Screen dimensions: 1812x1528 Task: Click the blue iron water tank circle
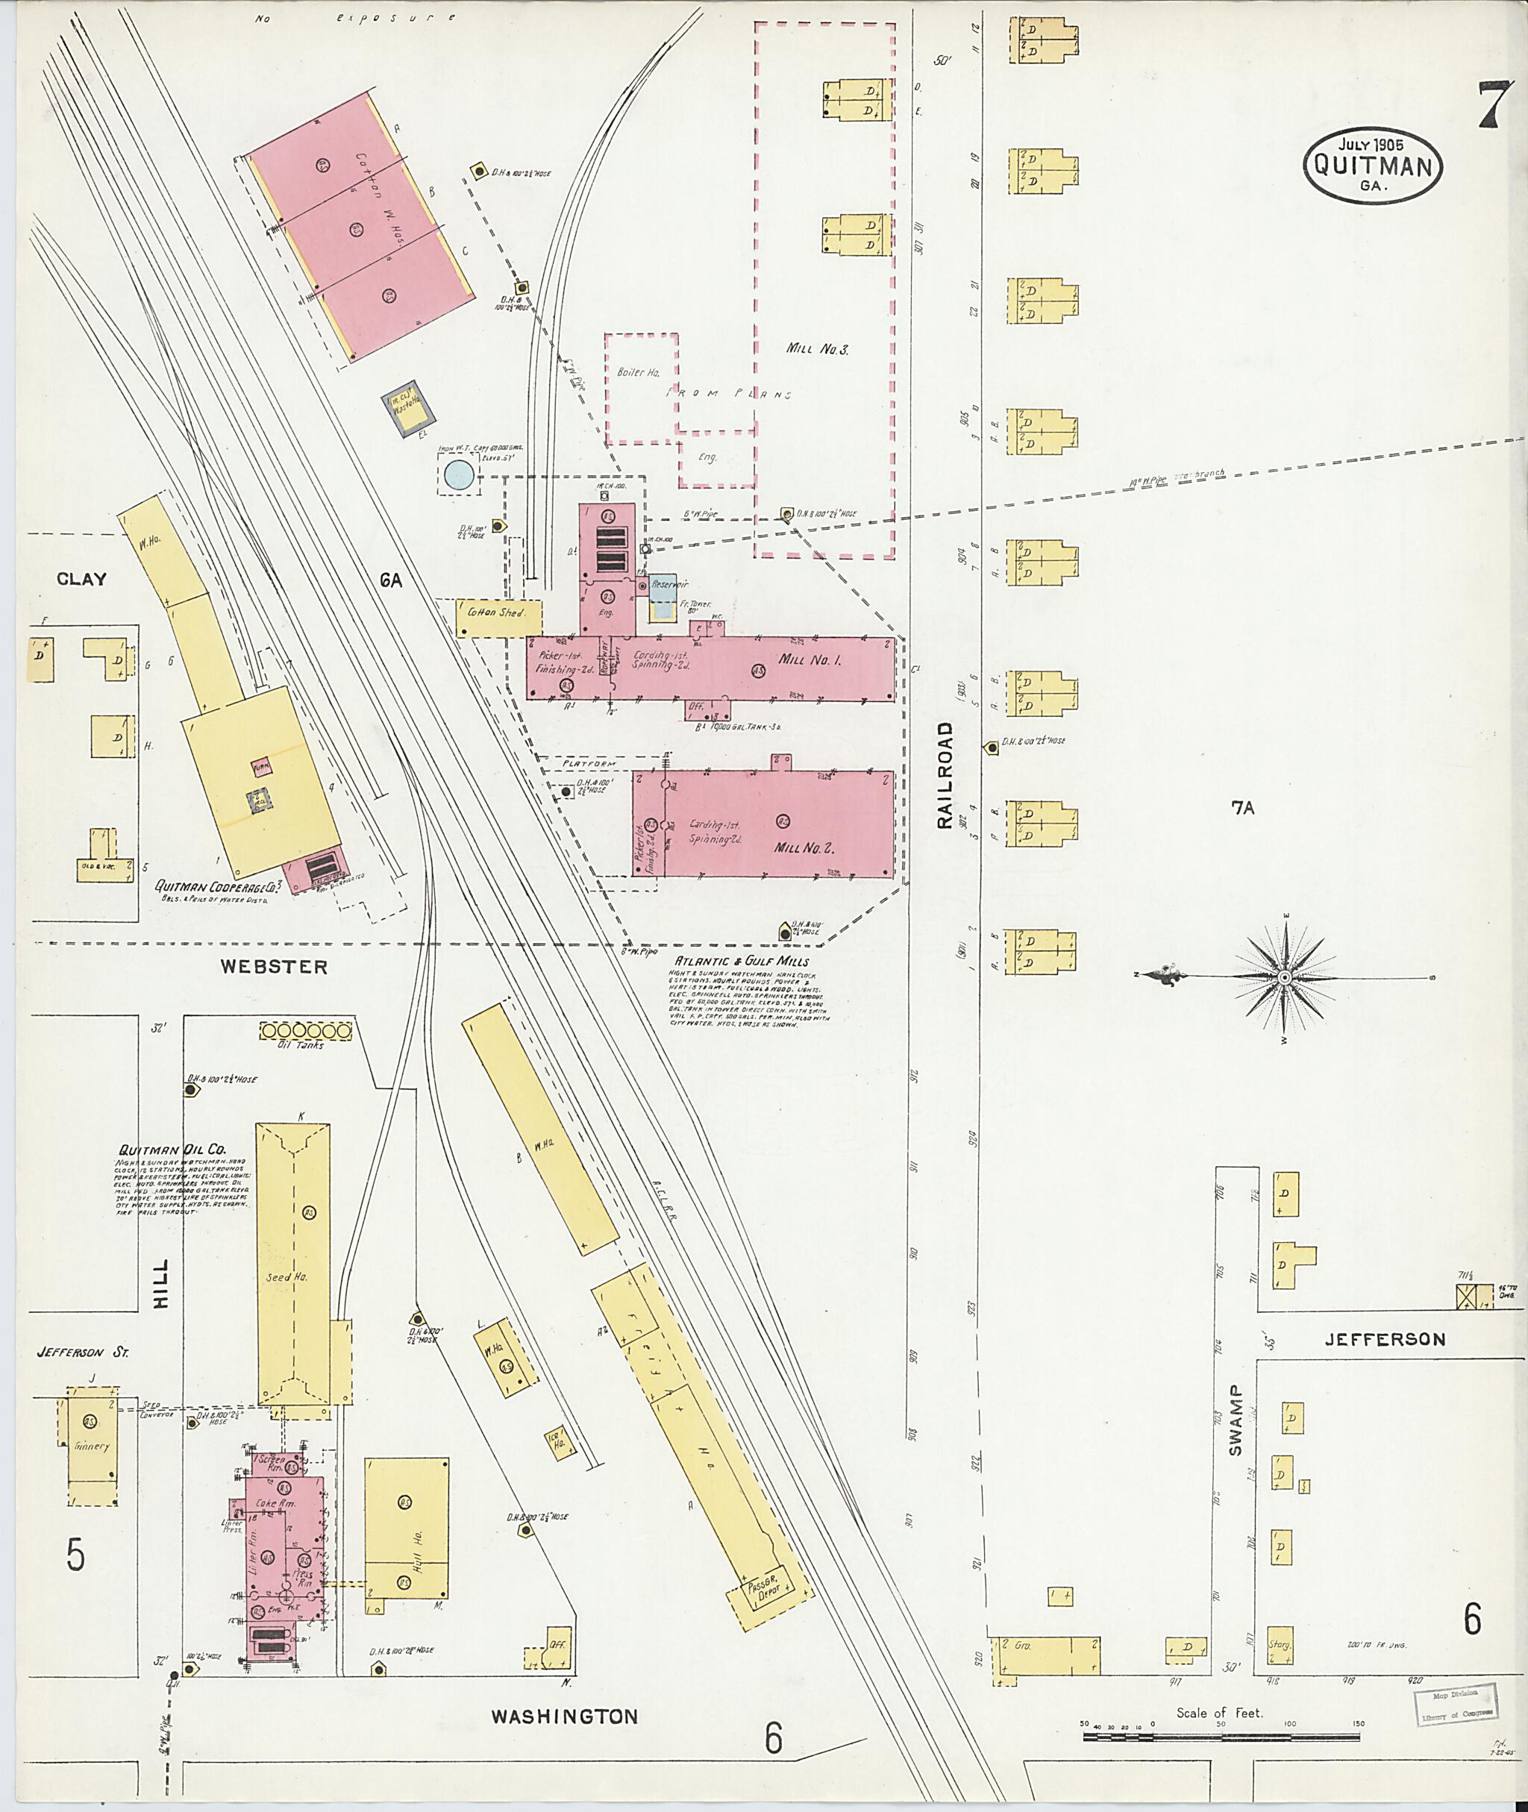[458, 474]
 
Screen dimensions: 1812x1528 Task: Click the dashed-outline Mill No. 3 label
[817, 350]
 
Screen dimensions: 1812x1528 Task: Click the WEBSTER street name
[273, 967]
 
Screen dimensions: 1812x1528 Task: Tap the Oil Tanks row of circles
[307, 1031]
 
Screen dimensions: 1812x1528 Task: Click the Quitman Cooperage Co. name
[222, 887]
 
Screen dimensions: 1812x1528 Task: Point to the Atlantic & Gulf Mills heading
[742, 962]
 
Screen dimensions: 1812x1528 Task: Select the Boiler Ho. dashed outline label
[639, 372]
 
